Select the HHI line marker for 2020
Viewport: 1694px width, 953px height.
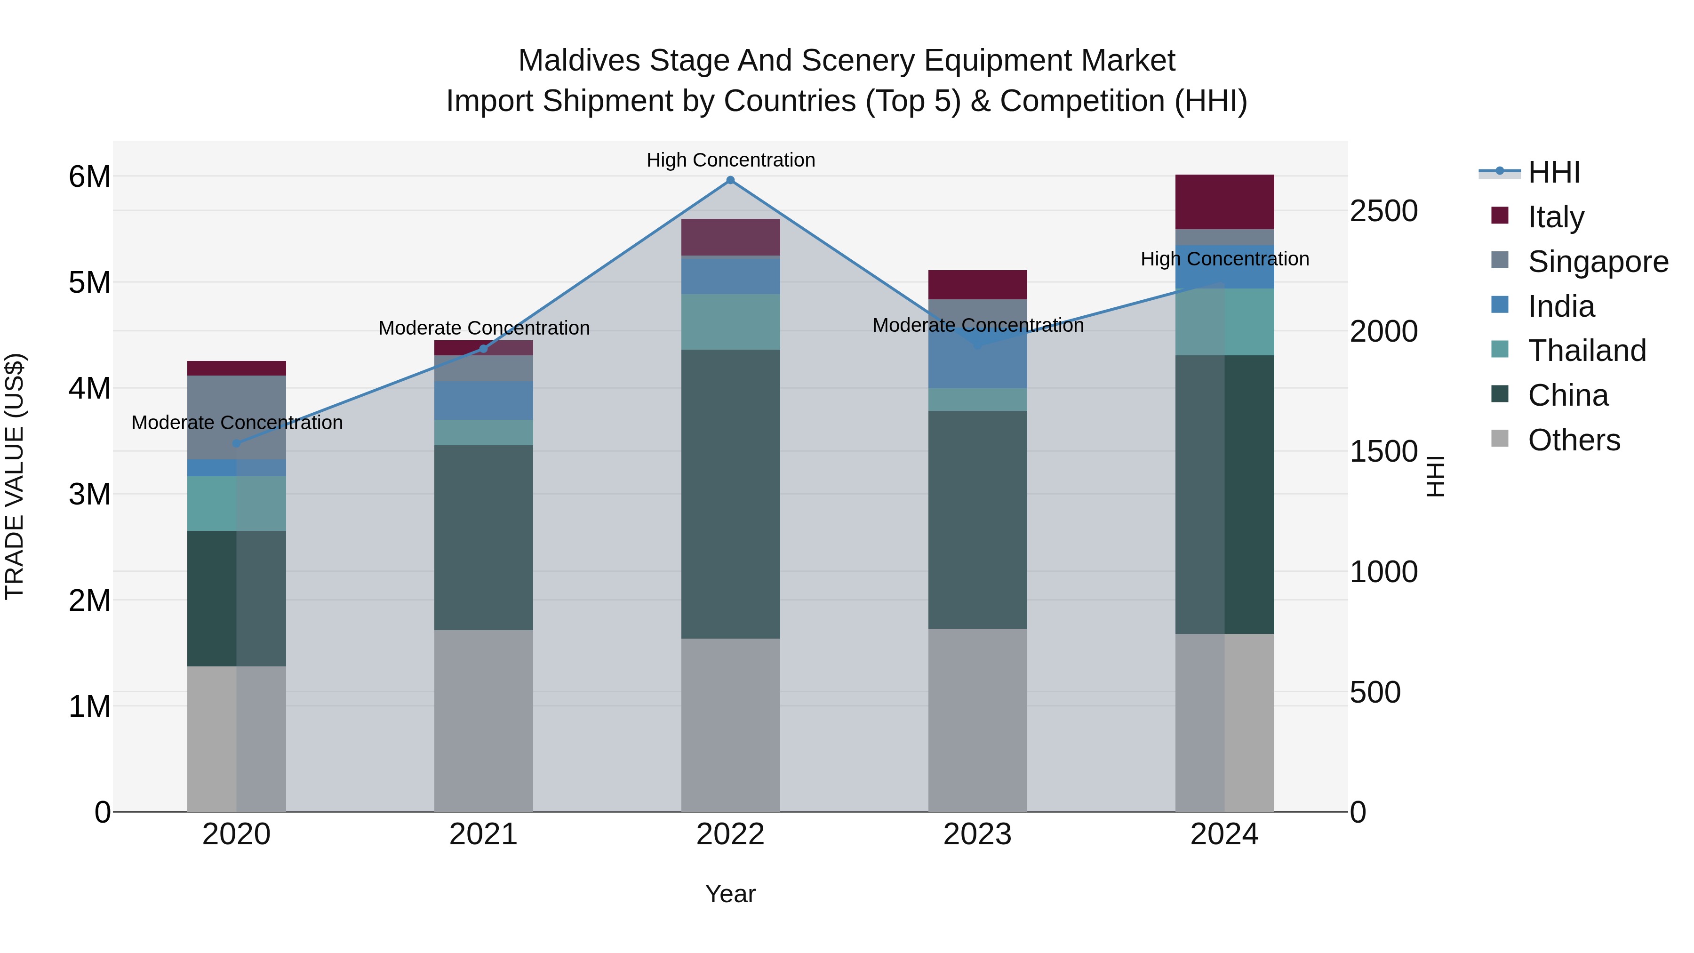tap(237, 443)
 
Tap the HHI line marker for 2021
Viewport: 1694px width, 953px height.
tap(483, 349)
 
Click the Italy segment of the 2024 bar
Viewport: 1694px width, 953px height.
tap(1224, 202)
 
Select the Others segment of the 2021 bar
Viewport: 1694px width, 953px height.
tap(483, 720)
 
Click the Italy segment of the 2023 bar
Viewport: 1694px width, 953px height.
tap(977, 285)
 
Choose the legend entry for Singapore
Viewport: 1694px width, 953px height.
tap(1598, 262)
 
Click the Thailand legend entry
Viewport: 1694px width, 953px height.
tap(1586, 351)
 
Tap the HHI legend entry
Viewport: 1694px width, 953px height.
tap(1553, 172)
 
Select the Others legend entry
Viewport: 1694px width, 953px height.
tap(1573, 440)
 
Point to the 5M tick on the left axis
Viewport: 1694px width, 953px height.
tap(89, 283)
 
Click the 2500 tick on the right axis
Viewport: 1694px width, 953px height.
tap(1383, 211)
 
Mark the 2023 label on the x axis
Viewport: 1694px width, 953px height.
tap(977, 834)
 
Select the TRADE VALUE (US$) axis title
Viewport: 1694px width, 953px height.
tap(15, 476)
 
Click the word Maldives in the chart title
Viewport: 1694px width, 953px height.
tap(579, 61)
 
